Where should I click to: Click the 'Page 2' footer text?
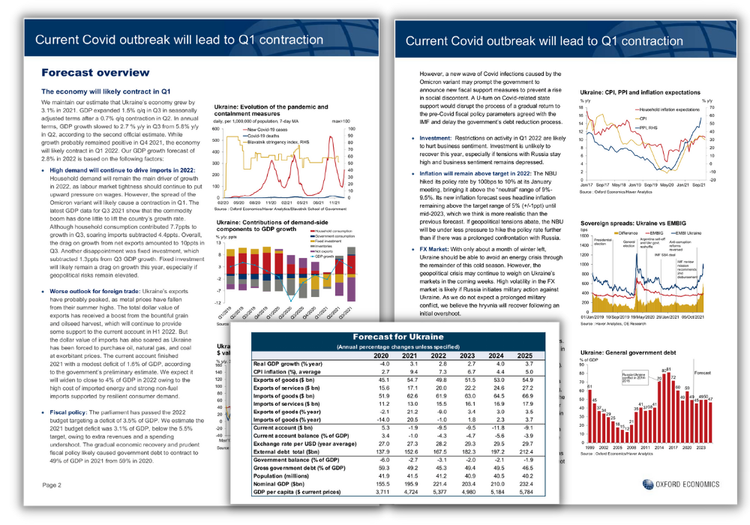pos(52,484)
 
